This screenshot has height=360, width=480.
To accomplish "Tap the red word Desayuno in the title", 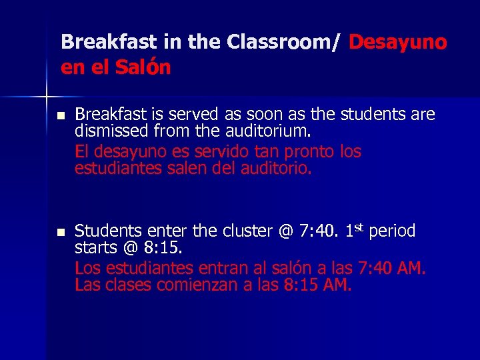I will [x=397, y=42].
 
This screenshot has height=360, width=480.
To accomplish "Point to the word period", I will [x=392, y=232].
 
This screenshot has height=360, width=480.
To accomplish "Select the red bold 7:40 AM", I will [x=391, y=269].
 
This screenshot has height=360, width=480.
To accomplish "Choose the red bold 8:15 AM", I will [x=318, y=285].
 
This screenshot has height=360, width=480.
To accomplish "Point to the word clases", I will [x=126, y=285].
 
